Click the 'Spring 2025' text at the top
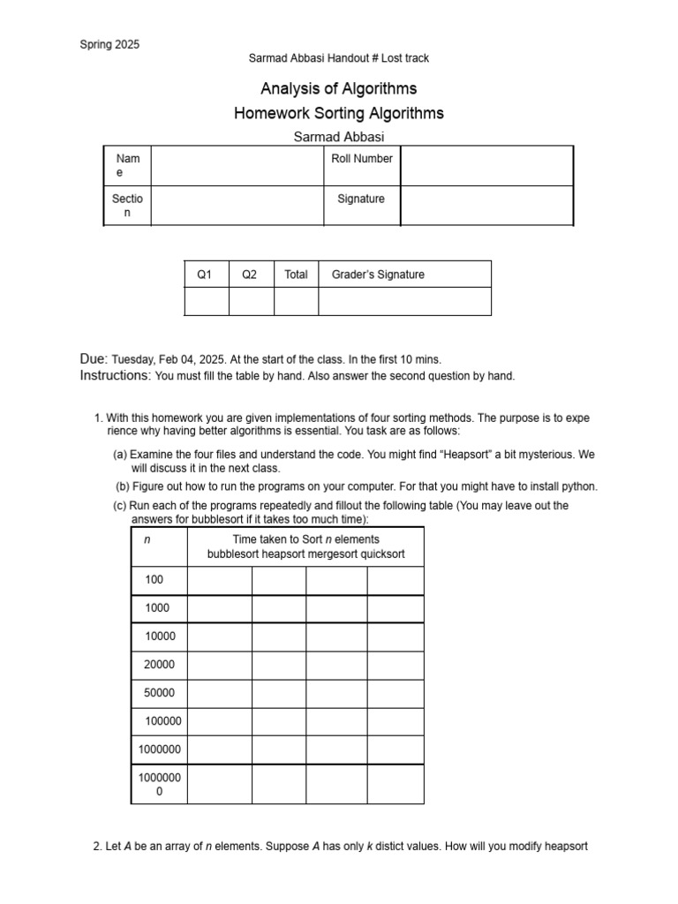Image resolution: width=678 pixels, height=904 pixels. (x=109, y=44)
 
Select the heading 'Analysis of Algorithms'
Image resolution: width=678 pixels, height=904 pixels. (x=338, y=88)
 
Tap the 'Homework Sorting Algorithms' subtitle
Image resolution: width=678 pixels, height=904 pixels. (x=338, y=113)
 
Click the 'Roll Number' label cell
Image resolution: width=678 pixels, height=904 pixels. (x=362, y=159)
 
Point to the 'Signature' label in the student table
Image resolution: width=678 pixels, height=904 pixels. (x=361, y=200)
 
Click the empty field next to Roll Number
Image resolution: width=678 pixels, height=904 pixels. (x=486, y=166)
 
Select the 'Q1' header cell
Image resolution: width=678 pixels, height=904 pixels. (x=205, y=275)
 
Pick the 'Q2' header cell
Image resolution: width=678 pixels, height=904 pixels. (x=250, y=275)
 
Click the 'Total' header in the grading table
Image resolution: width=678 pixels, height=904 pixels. (x=296, y=275)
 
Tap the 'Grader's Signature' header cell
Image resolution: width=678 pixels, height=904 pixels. (x=378, y=275)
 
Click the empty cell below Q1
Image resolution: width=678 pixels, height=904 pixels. (x=206, y=301)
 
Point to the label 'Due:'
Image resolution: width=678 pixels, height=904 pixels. (x=94, y=359)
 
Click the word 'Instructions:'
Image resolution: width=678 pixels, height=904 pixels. (x=116, y=375)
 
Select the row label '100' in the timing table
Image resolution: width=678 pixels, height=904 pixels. (x=154, y=580)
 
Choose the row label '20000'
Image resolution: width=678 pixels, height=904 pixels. (x=159, y=665)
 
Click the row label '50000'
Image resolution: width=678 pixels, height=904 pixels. (x=159, y=693)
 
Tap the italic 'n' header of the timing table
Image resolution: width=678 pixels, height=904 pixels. (x=147, y=539)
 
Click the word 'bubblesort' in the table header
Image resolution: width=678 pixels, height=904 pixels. (x=235, y=554)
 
